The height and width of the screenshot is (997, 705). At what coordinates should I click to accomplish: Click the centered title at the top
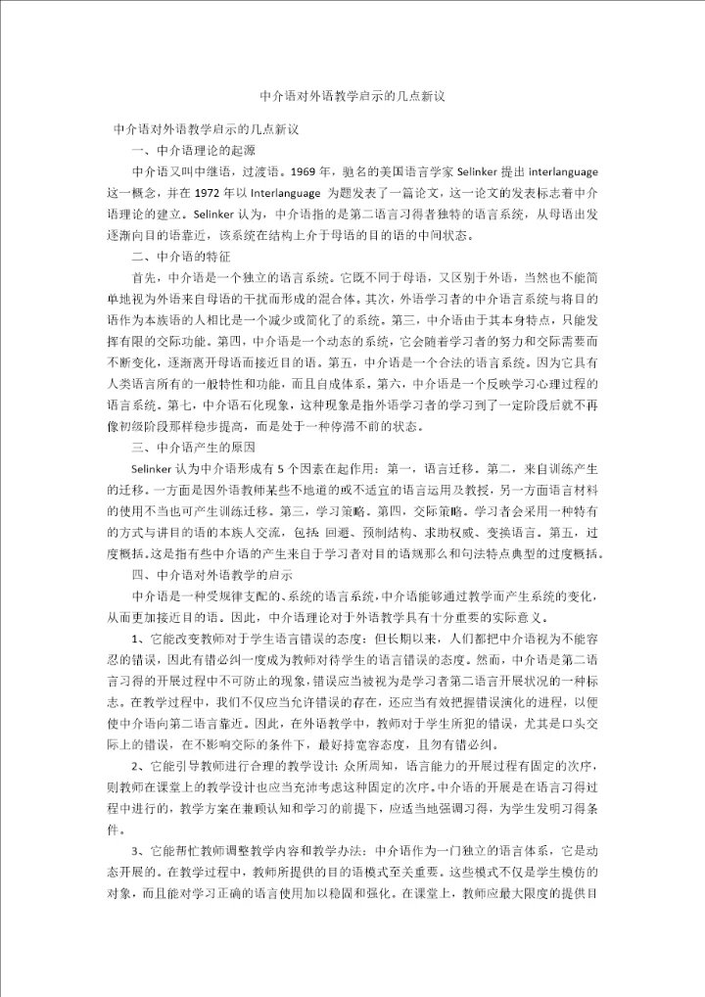352,97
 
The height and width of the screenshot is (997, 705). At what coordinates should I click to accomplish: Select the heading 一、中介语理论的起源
193,150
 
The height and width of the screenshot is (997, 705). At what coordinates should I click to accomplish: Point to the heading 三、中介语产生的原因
193,448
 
